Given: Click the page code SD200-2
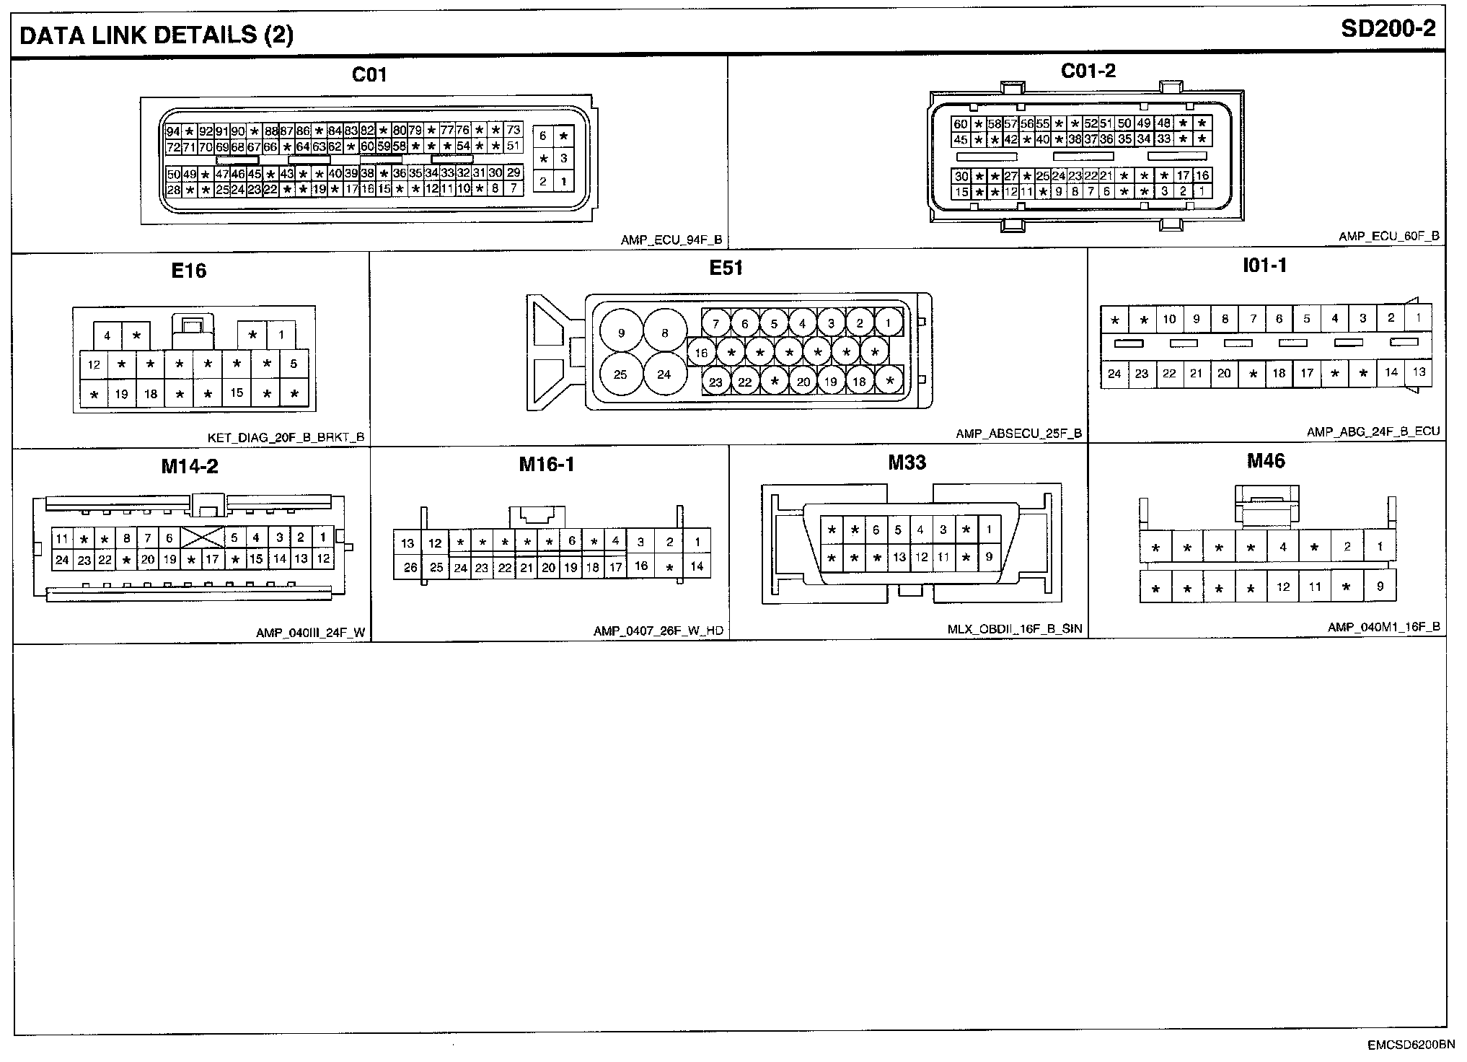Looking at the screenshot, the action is coord(1388,29).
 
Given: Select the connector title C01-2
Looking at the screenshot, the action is coord(1088,71).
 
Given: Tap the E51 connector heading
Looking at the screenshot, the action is coord(726,268).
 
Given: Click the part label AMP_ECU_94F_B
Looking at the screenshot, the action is coord(671,240).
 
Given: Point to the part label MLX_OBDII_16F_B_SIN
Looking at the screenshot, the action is coord(1014,629).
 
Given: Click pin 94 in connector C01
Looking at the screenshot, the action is coord(173,131).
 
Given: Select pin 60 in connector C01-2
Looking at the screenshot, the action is coord(960,124).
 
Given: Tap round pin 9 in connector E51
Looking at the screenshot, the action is coord(622,333).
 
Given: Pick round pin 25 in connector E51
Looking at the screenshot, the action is coord(621,374).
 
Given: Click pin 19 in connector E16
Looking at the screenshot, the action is coord(121,394).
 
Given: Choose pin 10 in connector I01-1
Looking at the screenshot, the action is coord(1169,319).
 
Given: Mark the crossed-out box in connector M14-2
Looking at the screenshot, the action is coord(202,537).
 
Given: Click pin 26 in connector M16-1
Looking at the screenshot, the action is coord(410,567).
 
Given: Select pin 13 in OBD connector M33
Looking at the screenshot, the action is coord(899,557).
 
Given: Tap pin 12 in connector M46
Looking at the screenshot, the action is coord(1282,587).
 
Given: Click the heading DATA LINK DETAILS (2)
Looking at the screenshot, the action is coord(156,35).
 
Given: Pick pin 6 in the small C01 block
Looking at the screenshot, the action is coord(543,136).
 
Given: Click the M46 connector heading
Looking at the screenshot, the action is coord(1266,461).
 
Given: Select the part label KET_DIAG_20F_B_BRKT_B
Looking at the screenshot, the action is coord(286,437).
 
